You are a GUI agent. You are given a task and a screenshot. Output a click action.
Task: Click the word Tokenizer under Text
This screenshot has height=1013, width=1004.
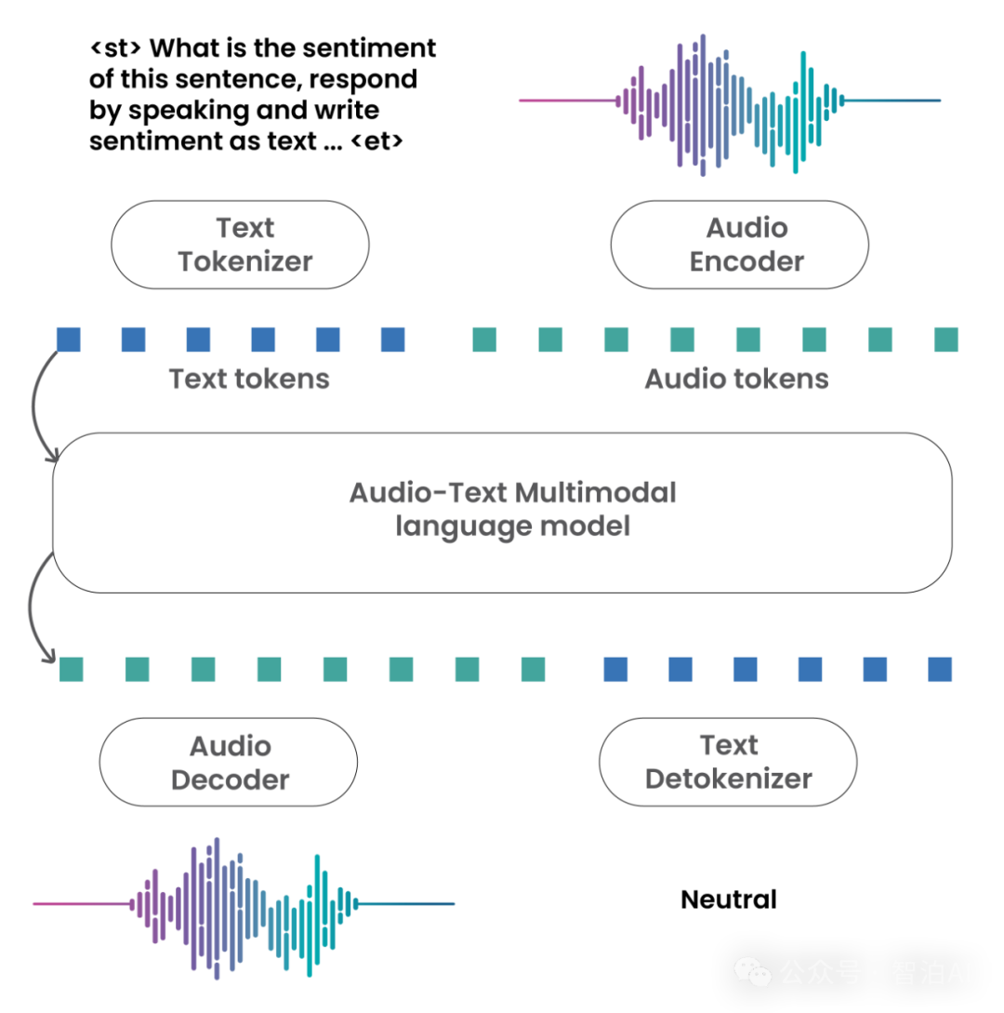tap(244, 261)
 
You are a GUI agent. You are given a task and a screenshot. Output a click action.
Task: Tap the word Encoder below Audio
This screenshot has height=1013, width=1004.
tap(746, 261)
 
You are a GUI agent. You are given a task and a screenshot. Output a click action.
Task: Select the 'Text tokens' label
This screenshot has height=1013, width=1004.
tap(249, 380)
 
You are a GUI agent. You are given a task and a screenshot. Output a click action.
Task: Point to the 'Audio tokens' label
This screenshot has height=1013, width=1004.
tap(736, 380)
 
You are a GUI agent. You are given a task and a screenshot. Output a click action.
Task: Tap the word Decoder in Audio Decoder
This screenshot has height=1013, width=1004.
tap(231, 780)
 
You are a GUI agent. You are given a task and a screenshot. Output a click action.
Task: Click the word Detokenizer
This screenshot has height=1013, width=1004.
tap(729, 779)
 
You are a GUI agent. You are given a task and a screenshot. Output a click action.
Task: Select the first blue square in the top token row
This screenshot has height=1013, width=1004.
tap(68, 340)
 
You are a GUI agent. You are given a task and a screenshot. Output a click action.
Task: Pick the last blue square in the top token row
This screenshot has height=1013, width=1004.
tap(393, 340)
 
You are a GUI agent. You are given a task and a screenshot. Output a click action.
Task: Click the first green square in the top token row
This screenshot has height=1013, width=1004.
tap(483, 340)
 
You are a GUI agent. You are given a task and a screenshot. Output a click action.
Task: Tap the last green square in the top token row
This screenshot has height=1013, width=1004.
tap(945, 340)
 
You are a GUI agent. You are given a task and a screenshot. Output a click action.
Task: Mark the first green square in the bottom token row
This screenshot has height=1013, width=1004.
tap(72, 669)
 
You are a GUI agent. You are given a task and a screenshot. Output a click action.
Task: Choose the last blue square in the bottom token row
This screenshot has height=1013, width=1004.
tap(940, 669)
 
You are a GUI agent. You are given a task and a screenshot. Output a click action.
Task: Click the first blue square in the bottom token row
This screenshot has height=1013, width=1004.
tap(614, 669)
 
